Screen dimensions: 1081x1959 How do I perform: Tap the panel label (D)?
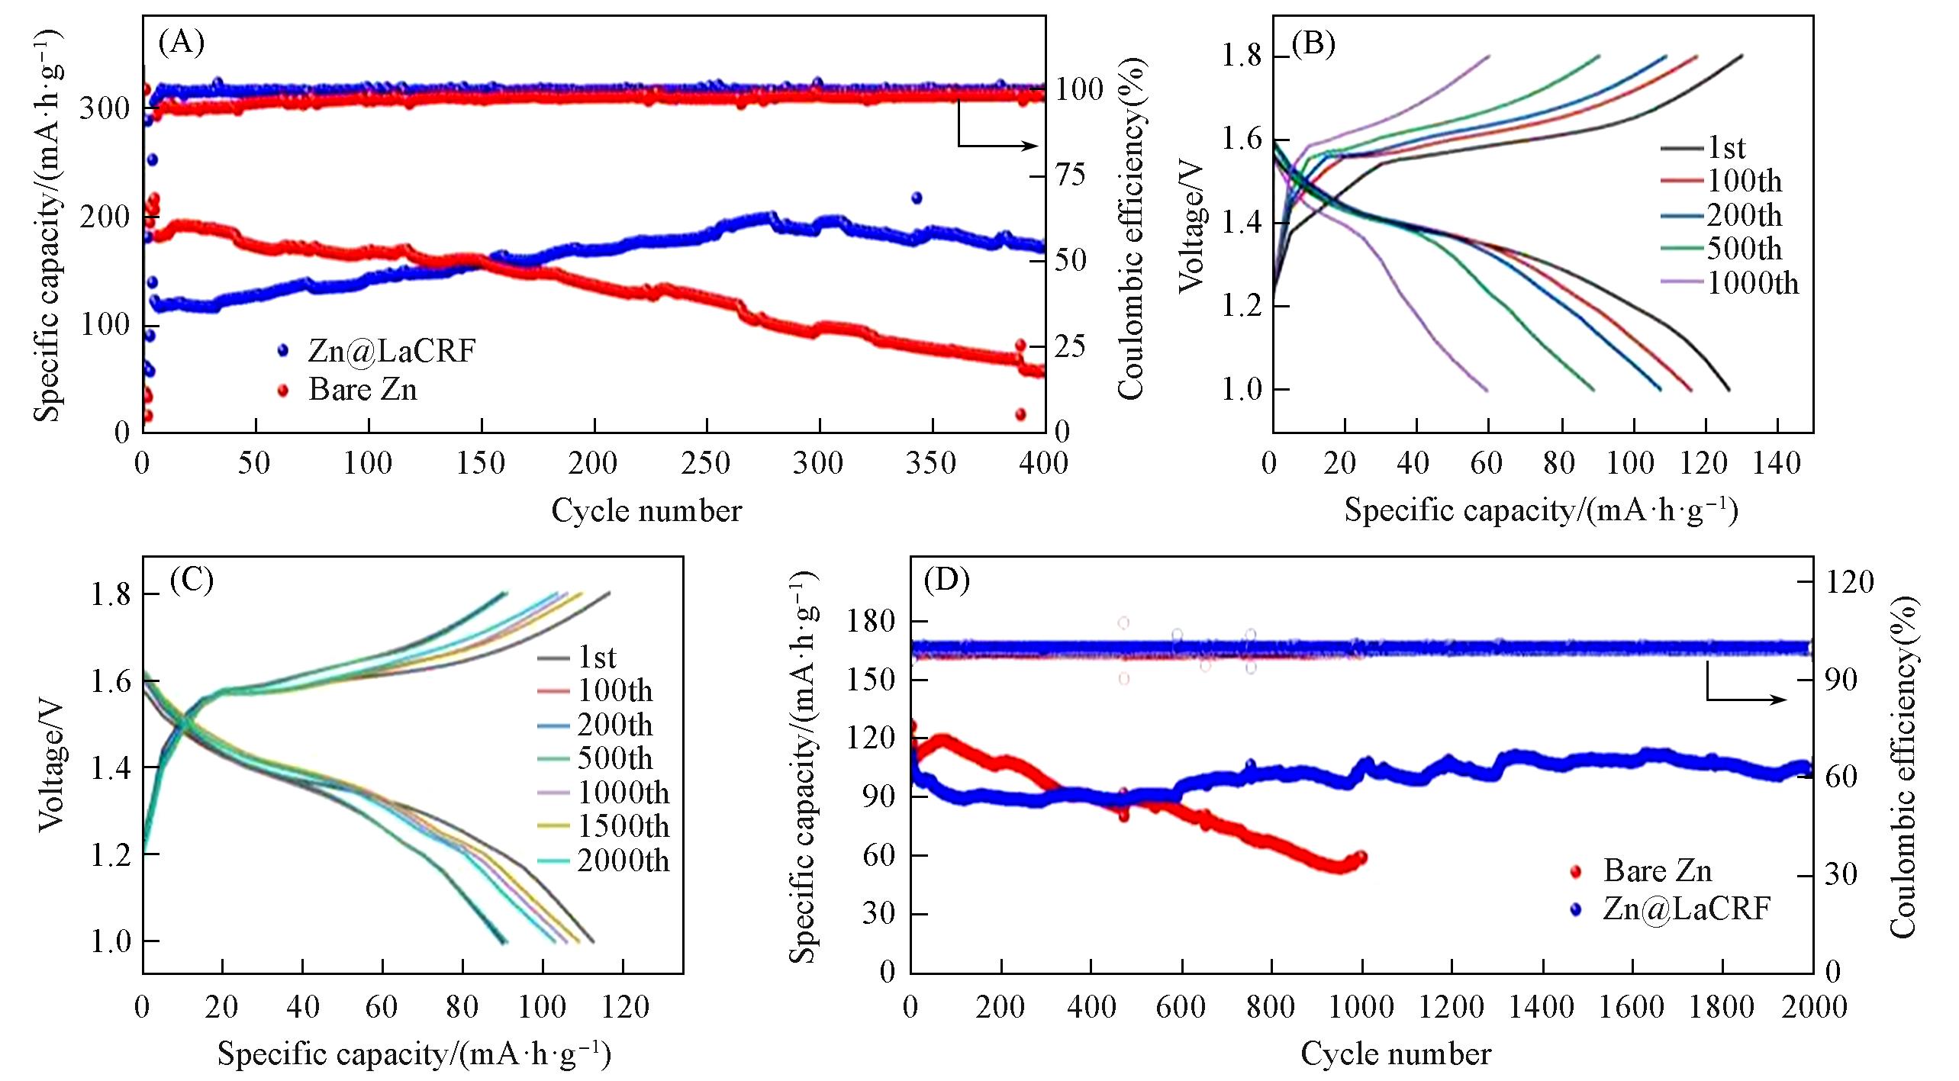(946, 581)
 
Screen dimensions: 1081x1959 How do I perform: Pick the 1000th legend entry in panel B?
(1752, 284)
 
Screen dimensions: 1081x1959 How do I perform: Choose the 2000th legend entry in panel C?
(623, 861)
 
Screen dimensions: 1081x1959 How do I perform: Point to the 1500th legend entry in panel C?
(623, 826)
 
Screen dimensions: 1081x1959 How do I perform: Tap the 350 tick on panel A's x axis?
(931, 463)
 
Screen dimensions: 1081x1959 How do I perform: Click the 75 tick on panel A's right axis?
(1070, 175)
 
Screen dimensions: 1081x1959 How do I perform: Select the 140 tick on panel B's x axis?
(1777, 463)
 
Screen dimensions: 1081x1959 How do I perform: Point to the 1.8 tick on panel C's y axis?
(110, 594)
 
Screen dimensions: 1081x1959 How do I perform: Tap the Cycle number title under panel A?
(646, 510)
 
